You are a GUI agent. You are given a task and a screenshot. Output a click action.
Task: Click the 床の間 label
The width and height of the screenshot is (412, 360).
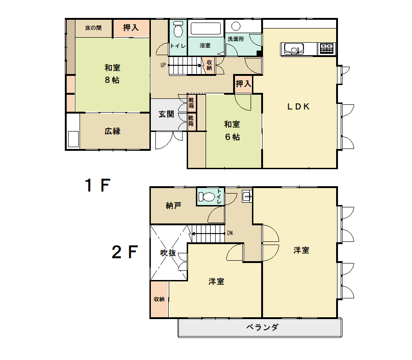click(x=93, y=28)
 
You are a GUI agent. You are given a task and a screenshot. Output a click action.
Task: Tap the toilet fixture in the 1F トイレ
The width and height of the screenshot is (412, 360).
click(x=178, y=29)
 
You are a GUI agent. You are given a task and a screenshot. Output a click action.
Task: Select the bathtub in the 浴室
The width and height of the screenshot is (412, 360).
click(x=206, y=29)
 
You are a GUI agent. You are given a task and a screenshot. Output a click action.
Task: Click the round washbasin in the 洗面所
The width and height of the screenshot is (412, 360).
click(x=236, y=26)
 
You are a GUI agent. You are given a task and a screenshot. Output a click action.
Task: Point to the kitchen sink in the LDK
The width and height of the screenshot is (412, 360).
click(x=294, y=49)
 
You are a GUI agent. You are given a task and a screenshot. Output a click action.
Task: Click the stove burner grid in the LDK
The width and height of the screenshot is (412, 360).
click(x=326, y=48)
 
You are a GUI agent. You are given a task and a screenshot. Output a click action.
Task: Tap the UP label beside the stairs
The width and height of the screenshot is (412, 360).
click(x=163, y=65)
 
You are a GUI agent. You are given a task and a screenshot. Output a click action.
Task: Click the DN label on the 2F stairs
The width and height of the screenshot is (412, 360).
click(x=230, y=233)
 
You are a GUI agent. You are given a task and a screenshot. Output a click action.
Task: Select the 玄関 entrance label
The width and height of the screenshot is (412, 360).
click(x=166, y=114)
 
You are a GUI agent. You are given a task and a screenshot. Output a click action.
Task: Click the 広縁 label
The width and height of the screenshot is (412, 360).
click(x=113, y=131)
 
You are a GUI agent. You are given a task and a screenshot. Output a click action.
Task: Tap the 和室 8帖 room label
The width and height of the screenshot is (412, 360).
click(x=112, y=74)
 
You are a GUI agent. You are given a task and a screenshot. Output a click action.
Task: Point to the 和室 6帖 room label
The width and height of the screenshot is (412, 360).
click(x=232, y=131)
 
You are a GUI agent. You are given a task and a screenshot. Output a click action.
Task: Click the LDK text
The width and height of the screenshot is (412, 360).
click(x=298, y=106)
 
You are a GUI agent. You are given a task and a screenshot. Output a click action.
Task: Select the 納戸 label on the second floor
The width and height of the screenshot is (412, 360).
click(x=173, y=206)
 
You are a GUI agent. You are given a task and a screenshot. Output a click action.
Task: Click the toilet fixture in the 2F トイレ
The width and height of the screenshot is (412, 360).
click(x=207, y=197)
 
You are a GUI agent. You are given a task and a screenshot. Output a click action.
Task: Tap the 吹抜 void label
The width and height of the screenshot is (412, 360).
click(x=168, y=253)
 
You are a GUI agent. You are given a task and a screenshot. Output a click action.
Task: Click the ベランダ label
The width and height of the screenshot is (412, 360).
click(x=262, y=327)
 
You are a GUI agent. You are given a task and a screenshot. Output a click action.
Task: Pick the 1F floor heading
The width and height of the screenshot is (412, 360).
click(x=97, y=185)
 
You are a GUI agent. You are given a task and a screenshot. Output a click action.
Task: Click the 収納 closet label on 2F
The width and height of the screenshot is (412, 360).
click(x=159, y=299)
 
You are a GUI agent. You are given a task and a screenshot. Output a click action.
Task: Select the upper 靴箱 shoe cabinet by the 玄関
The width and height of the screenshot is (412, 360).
click(x=191, y=103)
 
